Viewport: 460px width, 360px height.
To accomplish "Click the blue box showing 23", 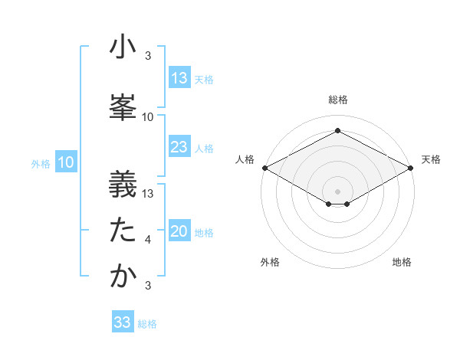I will click(179, 148).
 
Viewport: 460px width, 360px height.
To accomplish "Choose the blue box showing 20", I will click(179, 232).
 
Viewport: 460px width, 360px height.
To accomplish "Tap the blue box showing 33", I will click(123, 322).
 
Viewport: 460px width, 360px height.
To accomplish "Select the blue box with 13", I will click(179, 78).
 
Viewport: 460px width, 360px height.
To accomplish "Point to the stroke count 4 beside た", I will click(148, 240).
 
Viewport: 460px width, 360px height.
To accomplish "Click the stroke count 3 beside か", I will click(148, 286).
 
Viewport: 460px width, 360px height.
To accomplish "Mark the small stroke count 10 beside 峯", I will click(148, 117).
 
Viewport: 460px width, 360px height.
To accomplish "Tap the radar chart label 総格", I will click(338, 100).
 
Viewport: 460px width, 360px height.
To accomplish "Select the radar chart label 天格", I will click(431, 159).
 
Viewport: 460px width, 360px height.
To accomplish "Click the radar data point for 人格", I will click(264, 168).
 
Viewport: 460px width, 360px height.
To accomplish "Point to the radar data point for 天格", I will click(411, 168).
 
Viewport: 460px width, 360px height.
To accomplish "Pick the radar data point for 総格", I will click(337, 131).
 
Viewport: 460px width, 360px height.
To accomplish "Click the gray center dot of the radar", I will click(337, 190).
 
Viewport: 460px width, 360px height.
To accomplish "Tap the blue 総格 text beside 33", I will click(147, 324).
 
